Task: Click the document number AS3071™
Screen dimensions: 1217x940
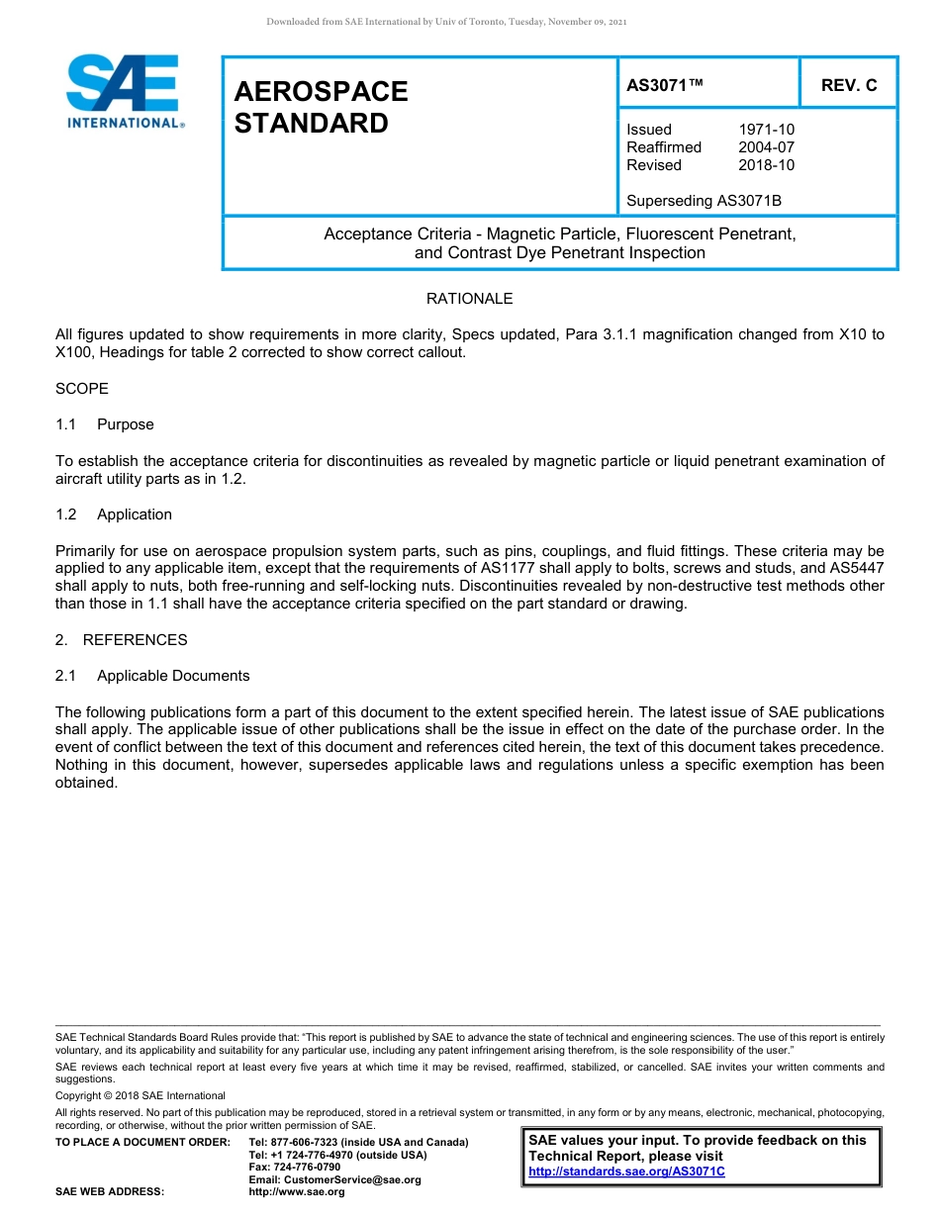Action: tap(664, 86)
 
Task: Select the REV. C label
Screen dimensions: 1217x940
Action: tap(848, 86)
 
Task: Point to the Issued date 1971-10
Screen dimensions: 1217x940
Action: tap(766, 130)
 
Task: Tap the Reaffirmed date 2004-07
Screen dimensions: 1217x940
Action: tap(766, 147)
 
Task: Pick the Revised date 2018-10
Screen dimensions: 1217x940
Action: tap(766, 165)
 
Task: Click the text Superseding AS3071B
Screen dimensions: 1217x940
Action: tap(704, 201)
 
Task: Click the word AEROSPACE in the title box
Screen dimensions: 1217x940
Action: tap(321, 92)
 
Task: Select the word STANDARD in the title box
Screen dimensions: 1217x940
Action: tap(311, 125)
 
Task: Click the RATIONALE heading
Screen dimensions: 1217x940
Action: tap(469, 299)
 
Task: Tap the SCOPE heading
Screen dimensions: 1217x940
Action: tap(82, 389)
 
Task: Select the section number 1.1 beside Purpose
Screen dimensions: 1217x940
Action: tap(66, 424)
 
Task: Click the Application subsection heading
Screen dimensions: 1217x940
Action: tap(135, 515)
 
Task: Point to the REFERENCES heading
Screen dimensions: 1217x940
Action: tap(135, 640)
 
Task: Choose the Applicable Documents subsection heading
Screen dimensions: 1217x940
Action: tap(173, 676)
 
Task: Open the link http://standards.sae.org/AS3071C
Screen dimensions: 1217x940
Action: tap(626, 1171)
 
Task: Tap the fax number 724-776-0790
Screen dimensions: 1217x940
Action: tap(308, 1168)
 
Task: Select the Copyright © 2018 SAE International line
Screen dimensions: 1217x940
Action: tap(141, 1095)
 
